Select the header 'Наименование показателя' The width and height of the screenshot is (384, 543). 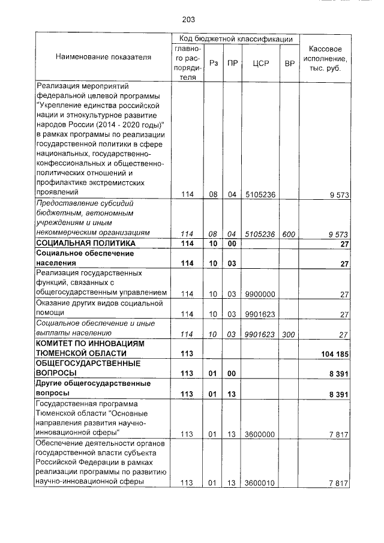(103, 57)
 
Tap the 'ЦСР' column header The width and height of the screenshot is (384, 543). (260, 63)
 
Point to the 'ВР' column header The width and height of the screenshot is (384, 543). (289, 63)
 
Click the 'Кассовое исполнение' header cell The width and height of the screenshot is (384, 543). (325, 58)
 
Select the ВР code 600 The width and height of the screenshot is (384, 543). (289, 233)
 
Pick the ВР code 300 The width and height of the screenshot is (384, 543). (289, 334)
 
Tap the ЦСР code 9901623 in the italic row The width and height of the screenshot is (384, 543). (260, 334)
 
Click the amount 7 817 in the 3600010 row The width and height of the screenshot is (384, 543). (339, 482)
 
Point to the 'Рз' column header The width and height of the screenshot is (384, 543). (214, 63)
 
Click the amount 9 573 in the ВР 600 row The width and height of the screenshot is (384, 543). (339, 233)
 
